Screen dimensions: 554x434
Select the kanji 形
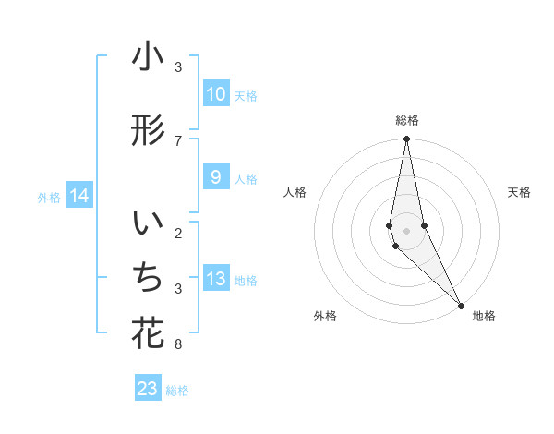click(x=148, y=130)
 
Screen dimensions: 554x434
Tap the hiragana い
click(x=148, y=224)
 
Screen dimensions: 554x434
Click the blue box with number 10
click(x=215, y=94)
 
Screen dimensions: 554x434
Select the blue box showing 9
click(x=215, y=178)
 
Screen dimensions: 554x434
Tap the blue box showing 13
click(x=215, y=279)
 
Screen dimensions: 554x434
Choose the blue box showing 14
click(x=78, y=196)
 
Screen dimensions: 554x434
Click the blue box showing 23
click(x=148, y=389)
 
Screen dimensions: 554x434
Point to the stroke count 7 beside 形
click(x=178, y=140)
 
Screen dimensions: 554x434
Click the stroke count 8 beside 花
click(x=178, y=345)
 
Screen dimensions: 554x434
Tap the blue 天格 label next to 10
click(x=246, y=96)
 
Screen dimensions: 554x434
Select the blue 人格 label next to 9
click(x=246, y=179)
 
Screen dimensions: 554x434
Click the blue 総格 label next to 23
click(x=177, y=391)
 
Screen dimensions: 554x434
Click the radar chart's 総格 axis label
click(x=407, y=120)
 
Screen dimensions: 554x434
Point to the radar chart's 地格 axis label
click(x=484, y=316)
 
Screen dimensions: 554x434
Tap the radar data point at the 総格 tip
click(x=406, y=139)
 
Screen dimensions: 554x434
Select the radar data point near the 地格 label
click(x=461, y=305)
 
